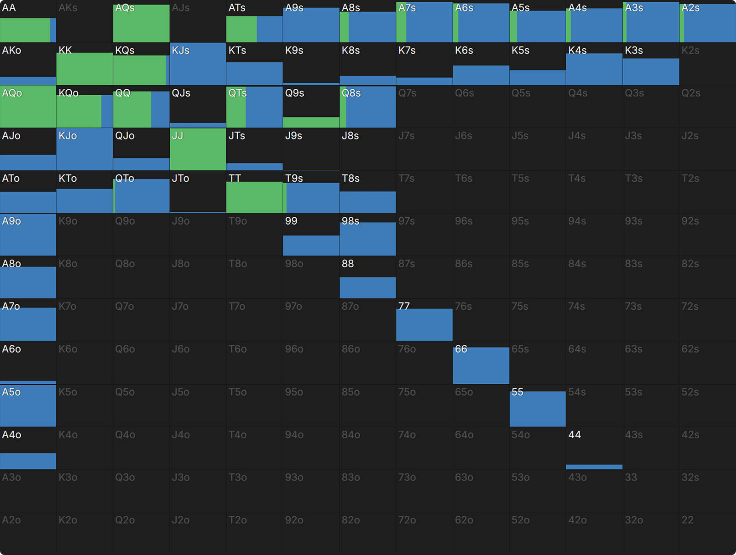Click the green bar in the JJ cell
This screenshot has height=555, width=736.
coord(198,149)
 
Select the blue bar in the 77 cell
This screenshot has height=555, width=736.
coord(424,324)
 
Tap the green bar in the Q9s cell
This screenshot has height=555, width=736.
coord(311,122)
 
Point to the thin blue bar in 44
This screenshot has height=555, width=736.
coord(594,467)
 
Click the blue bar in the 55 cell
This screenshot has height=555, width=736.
coord(537,409)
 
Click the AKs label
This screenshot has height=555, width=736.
coord(68,8)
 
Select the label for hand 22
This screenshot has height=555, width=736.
coord(687,520)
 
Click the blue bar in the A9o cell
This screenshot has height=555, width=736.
coord(28,235)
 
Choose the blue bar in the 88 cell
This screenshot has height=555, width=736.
coord(368,288)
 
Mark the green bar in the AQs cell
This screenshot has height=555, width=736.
coord(141,23)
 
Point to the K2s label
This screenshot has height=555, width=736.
coord(690,51)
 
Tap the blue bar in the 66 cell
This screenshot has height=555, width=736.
coord(481,365)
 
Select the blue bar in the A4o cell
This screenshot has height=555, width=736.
coord(28,461)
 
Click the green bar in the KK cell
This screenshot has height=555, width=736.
coord(85,69)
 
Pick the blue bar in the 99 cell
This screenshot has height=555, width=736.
coord(311,245)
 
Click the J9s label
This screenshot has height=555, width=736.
coord(293,136)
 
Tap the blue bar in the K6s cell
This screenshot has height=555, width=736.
coord(481,75)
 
